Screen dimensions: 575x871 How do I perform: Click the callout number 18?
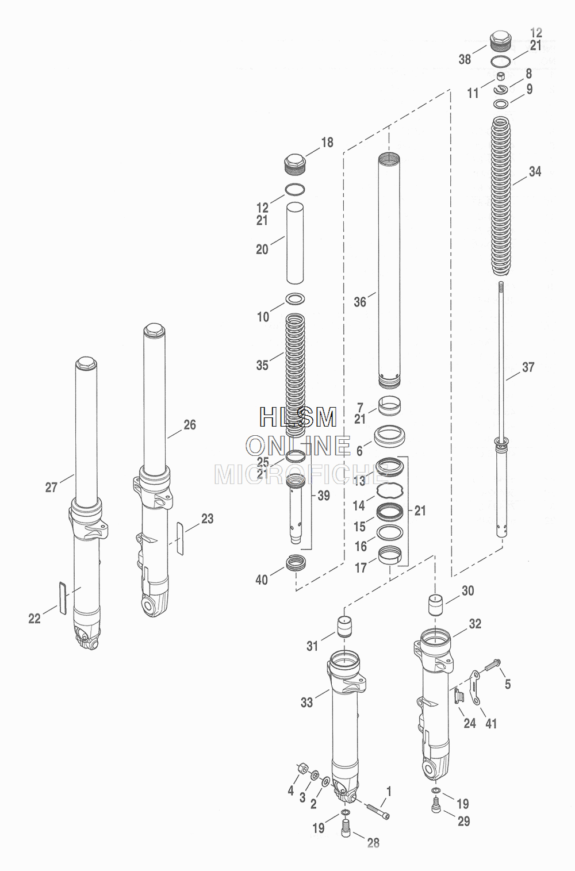(x=327, y=143)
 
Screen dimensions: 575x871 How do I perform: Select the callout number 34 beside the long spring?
(x=535, y=171)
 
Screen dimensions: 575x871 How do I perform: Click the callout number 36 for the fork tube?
(x=360, y=302)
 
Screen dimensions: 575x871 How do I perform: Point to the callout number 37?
(x=528, y=367)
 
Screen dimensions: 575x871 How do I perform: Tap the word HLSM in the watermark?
(x=298, y=417)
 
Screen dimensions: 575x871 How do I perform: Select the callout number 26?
(x=189, y=425)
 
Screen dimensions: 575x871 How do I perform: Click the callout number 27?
(x=51, y=487)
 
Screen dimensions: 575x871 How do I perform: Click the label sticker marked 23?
(x=179, y=539)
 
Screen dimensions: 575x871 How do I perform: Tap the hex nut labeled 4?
(x=302, y=768)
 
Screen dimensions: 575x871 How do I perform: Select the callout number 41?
(x=491, y=723)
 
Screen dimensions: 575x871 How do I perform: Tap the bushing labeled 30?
(x=436, y=605)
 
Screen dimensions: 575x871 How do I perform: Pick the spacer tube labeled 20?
(x=295, y=243)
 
